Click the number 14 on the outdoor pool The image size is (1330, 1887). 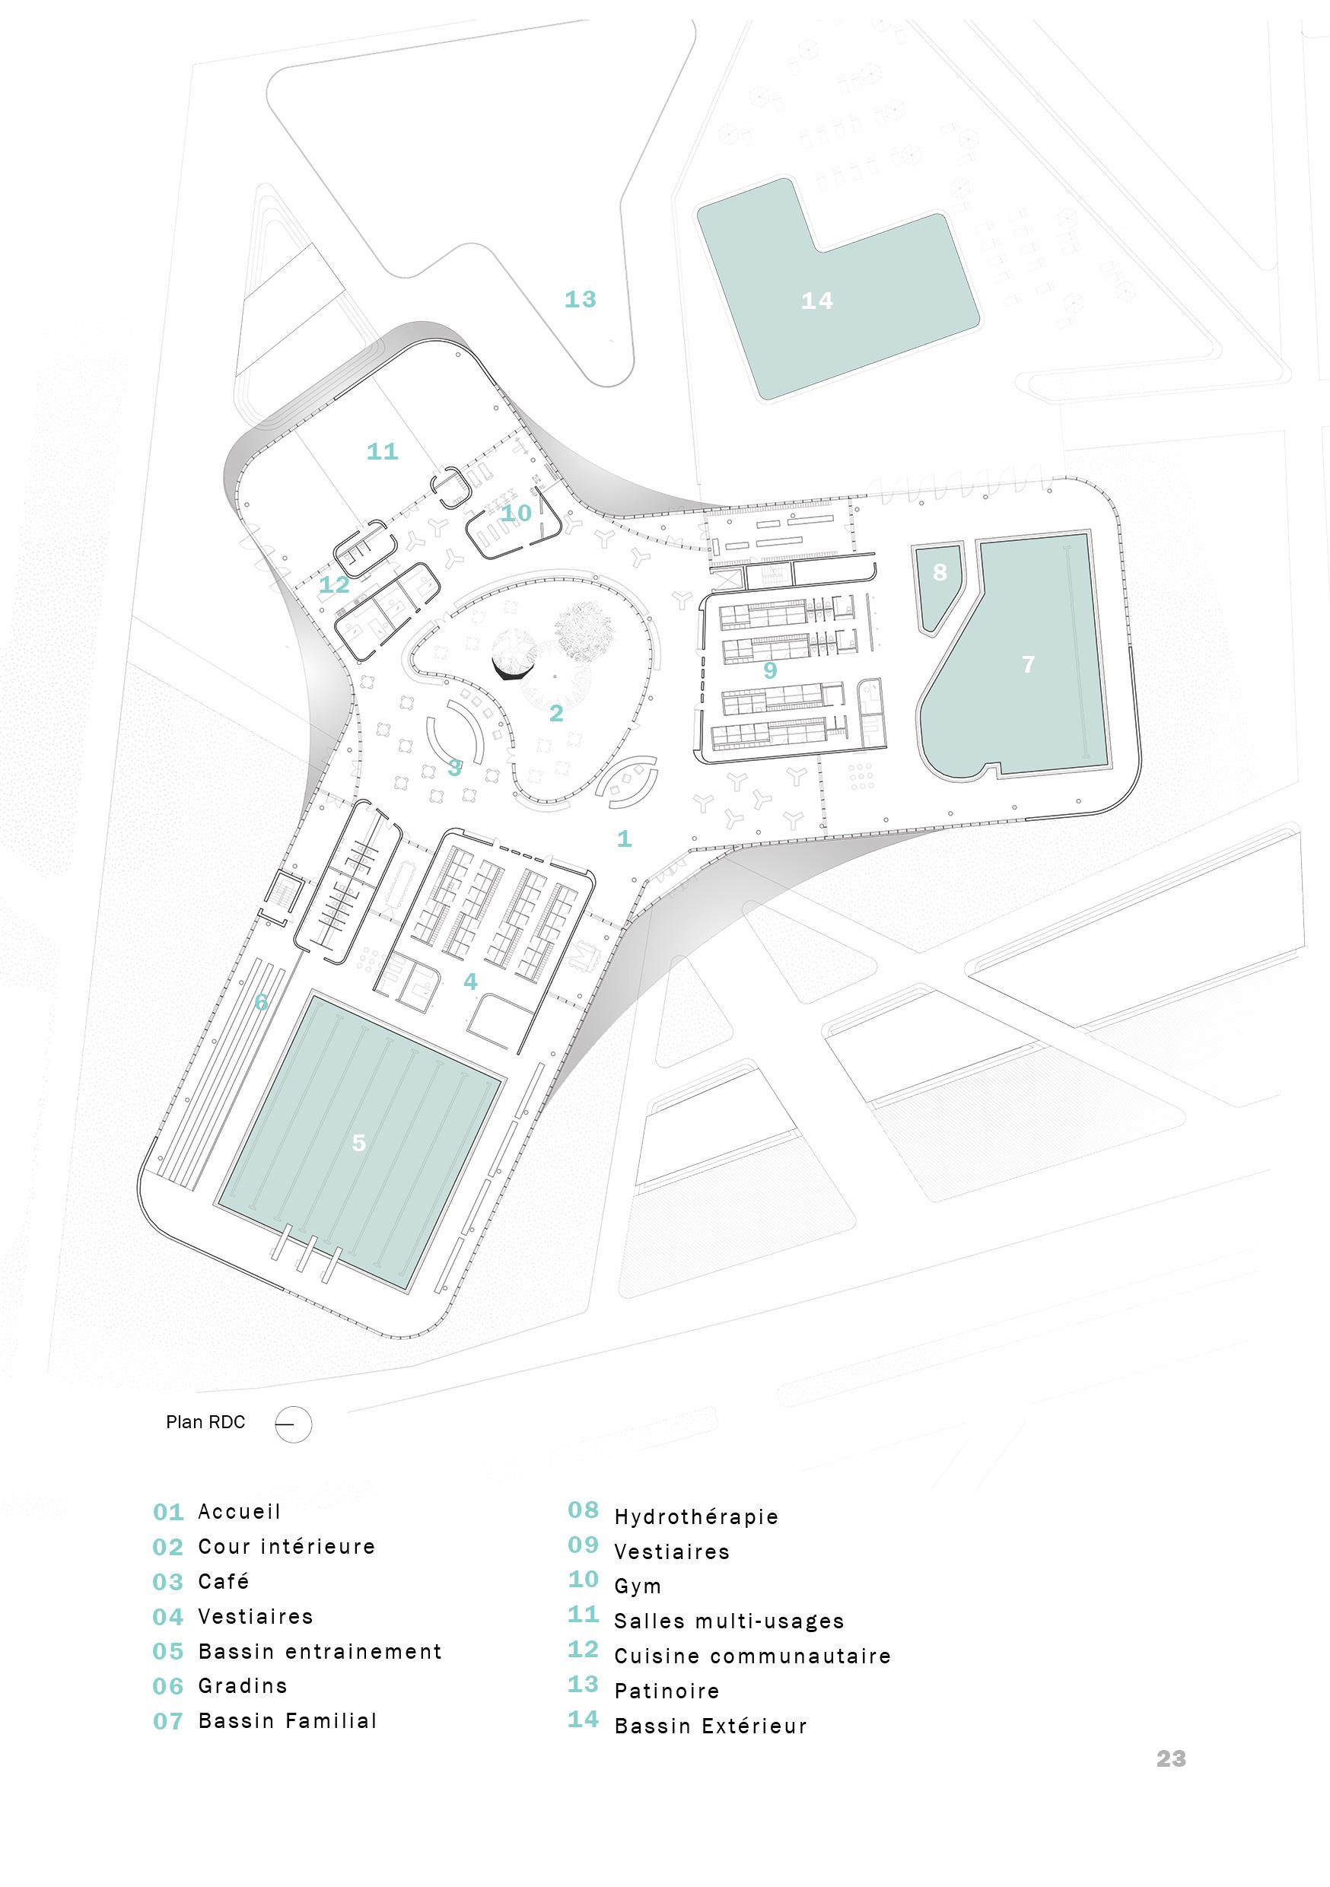point(816,301)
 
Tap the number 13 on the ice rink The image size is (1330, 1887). point(580,299)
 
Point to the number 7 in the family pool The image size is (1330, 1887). point(1027,664)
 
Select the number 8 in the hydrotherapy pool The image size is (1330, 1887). point(940,572)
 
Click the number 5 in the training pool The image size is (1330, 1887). point(358,1142)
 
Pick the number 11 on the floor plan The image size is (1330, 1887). point(382,451)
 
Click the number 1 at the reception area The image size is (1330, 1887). point(624,838)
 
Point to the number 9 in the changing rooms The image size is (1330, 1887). point(769,670)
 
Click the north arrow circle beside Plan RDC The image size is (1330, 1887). point(294,1424)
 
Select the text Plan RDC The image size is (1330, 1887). point(205,1423)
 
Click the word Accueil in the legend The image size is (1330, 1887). point(239,1511)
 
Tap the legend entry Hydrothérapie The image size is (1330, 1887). point(695,1516)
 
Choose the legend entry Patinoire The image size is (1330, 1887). point(667,1691)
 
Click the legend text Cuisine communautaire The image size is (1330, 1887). point(752,1656)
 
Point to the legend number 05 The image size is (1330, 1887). point(167,1652)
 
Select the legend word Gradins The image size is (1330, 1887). point(243,1686)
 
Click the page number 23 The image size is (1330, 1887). point(1170,1758)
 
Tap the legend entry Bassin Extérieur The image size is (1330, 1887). point(710,1726)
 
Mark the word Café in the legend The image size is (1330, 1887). point(224,1581)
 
